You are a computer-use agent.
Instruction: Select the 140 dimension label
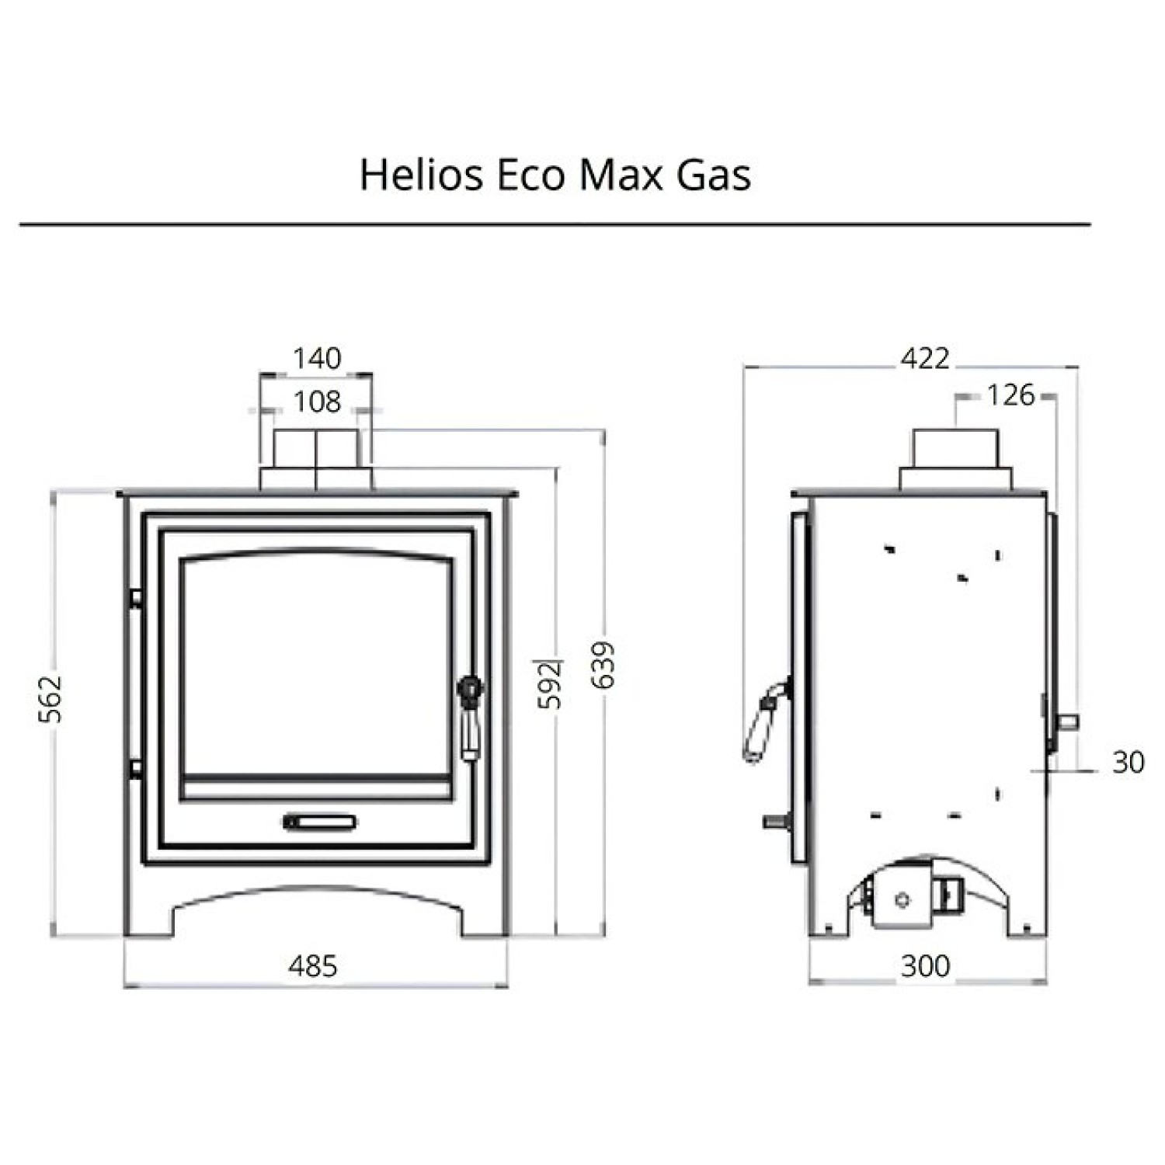(x=317, y=358)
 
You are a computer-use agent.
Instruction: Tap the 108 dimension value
(x=317, y=402)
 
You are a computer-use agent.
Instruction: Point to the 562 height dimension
(x=50, y=699)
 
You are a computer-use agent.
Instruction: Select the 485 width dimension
(x=313, y=966)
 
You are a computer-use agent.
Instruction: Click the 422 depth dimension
(x=924, y=358)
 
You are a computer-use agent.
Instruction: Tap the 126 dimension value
(x=1010, y=395)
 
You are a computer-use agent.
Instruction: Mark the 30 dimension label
(x=1128, y=763)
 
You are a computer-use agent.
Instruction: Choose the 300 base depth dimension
(x=925, y=966)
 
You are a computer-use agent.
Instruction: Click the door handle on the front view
(x=470, y=718)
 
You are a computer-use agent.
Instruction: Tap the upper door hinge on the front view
(x=135, y=597)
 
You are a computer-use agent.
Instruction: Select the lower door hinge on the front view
(x=135, y=768)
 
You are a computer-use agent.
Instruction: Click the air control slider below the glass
(x=319, y=822)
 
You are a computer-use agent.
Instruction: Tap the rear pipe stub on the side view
(x=1069, y=721)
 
